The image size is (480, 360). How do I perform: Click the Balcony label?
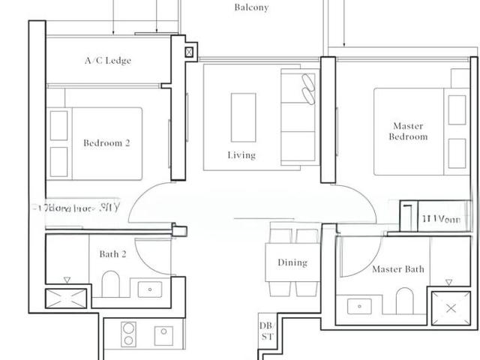pyautogui.click(x=250, y=8)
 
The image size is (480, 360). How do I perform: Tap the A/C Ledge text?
pyautogui.click(x=107, y=61)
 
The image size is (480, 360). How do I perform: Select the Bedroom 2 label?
pyautogui.click(x=106, y=142)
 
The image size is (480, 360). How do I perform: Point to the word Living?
pyautogui.click(x=241, y=155)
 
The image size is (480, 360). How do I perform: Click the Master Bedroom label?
pyautogui.click(x=408, y=131)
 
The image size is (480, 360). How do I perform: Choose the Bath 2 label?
pyautogui.click(x=112, y=254)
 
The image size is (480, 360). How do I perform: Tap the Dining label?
pyautogui.click(x=292, y=262)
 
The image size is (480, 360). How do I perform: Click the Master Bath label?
pyautogui.click(x=397, y=269)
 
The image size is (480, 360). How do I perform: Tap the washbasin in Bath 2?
pyautogui.click(x=151, y=289)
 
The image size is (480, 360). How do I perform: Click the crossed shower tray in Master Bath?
pyautogui.click(x=450, y=308)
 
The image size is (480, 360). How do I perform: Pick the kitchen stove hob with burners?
pyautogui.click(x=127, y=334)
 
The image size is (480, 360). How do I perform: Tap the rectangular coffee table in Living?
pyautogui.click(x=242, y=114)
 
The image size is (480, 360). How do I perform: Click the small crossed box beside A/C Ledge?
pyautogui.click(x=188, y=52)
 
